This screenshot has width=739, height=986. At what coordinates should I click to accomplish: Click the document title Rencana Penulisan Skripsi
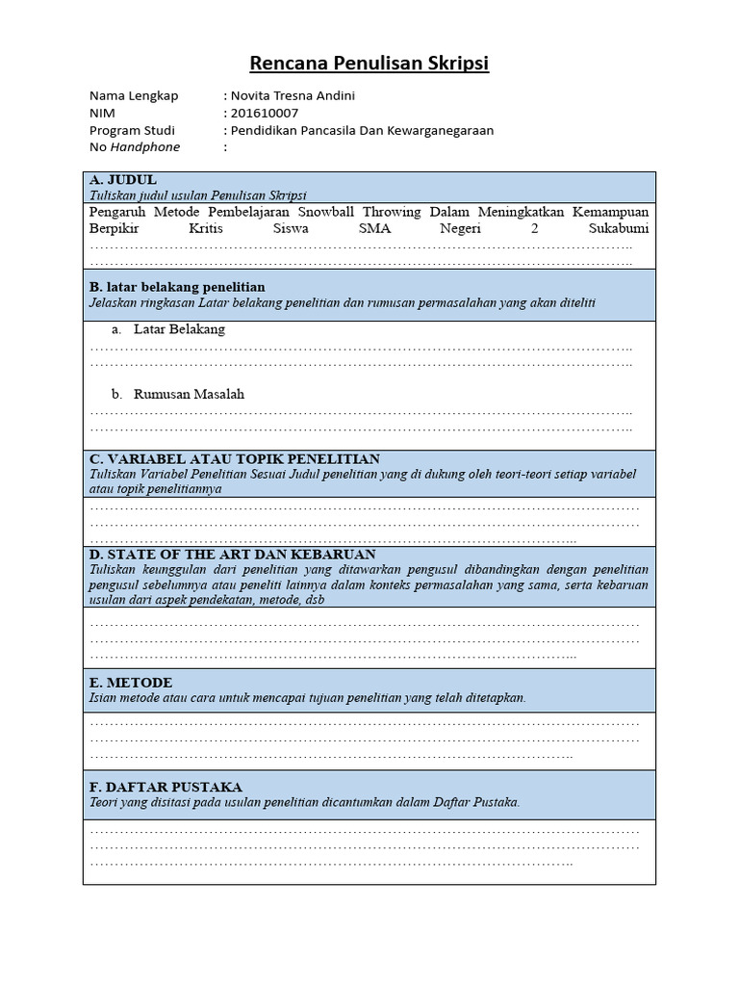pos(369,64)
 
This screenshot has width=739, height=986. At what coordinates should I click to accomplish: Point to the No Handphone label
pos(135,147)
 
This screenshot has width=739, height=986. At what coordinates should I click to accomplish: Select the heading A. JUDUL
pos(122,180)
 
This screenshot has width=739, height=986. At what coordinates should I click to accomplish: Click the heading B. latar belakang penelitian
pos(177,287)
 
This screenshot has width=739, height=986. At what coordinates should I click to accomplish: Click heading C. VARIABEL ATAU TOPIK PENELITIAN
pos(235,458)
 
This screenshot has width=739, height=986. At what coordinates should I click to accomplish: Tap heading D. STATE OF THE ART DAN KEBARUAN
pos(232,555)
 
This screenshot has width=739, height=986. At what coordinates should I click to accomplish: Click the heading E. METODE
pos(131,683)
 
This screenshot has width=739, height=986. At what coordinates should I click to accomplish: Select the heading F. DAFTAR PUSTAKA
pos(166,787)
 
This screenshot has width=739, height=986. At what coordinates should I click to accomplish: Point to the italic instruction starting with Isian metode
pos(308,698)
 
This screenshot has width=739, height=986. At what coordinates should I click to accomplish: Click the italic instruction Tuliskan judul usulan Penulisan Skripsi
pos(197,195)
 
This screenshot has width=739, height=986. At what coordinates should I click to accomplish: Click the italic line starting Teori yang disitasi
pos(304,802)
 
